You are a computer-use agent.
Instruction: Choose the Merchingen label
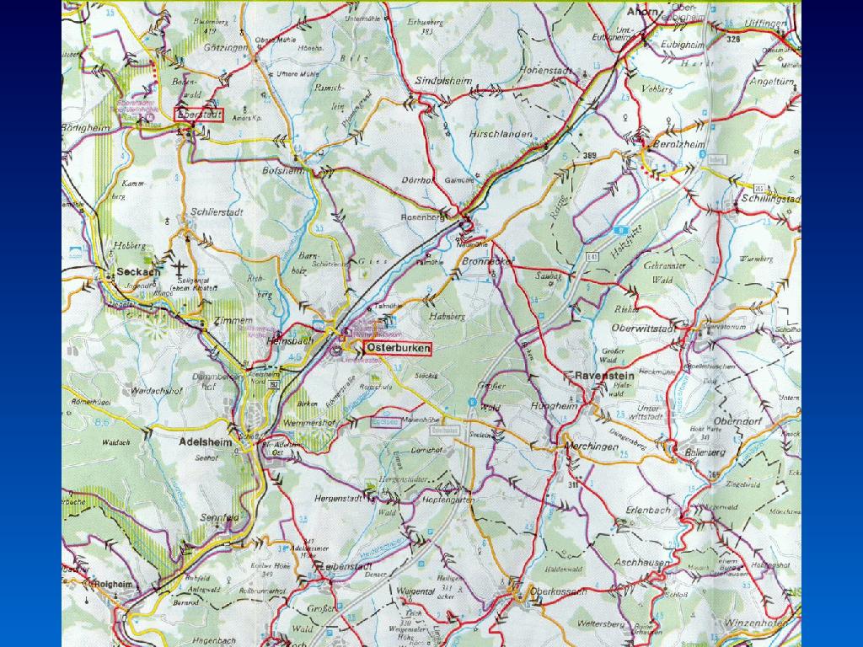[589, 447]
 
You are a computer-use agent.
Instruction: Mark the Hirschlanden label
[502, 135]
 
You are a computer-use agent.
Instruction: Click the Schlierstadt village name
[217, 212]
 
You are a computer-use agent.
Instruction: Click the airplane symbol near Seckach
[180, 268]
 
